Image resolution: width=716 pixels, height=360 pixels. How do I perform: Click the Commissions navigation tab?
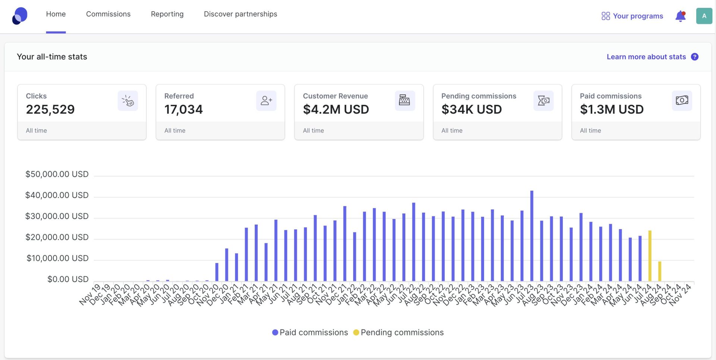click(x=108, y=14)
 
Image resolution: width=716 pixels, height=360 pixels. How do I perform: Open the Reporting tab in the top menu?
click(x=167, y=14)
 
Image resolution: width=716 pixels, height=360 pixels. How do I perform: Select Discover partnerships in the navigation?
click(x=240, y=14)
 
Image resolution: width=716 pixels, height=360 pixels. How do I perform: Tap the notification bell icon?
click(x=680, y=16)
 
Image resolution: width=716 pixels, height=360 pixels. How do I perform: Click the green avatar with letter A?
click(x=704, y=16)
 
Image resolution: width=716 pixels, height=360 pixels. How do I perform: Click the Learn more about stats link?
click(x=646, y=57)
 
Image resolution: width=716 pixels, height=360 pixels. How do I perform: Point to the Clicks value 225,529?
click(x=50, y=109)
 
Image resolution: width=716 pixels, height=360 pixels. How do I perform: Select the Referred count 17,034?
click(x=183, y=109)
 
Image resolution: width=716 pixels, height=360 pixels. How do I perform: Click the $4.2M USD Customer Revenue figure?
click(x=336, y=109)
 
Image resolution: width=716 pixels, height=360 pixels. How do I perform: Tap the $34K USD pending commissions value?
click(x=471, y=109)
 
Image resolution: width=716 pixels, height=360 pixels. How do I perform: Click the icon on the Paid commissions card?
click(x=682, y=100)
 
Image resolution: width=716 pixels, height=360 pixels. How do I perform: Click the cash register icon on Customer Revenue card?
click(x=404, y=100)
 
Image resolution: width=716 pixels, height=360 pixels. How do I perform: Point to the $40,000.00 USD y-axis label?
click(x=57, y=195)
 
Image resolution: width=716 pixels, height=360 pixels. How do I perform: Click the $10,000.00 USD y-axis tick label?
click(x=57, y=258)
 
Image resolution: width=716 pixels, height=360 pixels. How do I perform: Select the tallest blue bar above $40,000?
click(x=531, y=235)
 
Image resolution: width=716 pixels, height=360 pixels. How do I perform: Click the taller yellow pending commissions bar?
click(x=650, y=256)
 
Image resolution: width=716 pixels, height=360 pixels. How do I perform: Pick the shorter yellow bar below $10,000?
click(x=659, y=271)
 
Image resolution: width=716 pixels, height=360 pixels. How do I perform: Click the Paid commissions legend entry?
click(x=310, y=332)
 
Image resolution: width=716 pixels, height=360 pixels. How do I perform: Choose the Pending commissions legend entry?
click(x=398, y=332)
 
